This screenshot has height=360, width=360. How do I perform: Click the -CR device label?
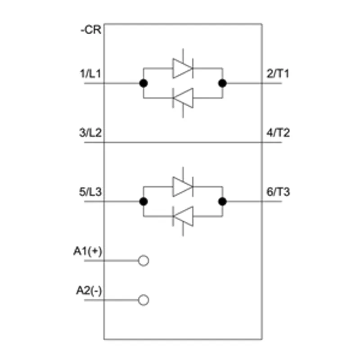[91, 30]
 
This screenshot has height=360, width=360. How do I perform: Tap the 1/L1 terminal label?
[90, 74]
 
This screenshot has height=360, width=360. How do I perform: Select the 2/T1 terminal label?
[278, 74]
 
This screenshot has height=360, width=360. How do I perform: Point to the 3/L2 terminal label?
[90, 133]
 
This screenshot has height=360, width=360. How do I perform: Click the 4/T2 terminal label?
[278, 133]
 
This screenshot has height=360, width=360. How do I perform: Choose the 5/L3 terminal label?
[90, 192]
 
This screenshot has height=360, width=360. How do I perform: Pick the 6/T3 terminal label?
[278, 192]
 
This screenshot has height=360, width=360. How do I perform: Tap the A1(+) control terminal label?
[88, 251]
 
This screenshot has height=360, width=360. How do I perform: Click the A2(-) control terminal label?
[89, 291]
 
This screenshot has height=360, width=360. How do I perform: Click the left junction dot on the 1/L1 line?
[144, 83]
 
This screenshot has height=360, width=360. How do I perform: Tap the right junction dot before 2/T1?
[222, 83]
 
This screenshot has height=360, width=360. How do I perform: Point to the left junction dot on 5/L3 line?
[144, 202]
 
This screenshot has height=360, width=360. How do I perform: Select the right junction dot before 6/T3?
[222, 202]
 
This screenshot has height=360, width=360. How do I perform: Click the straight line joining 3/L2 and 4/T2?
[183, 142]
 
